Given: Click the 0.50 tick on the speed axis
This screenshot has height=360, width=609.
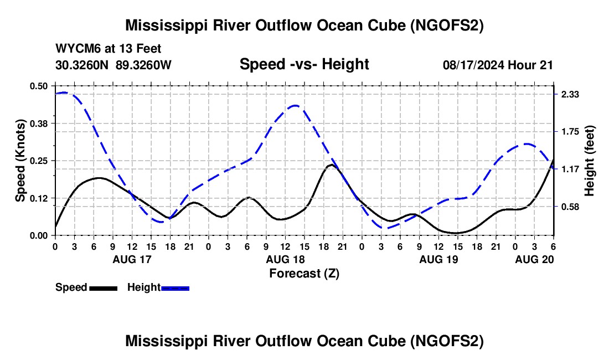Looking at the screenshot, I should pos(40,86).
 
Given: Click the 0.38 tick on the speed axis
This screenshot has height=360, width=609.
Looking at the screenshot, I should pos(40,123).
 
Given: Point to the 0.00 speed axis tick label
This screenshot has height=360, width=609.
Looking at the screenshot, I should pos(40,235).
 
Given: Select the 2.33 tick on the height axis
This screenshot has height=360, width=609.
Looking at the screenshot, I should pos(570,95).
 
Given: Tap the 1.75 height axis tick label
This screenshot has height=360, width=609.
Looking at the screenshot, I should pos(570,132).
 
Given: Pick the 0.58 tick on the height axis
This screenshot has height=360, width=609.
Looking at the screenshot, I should pos(570,207).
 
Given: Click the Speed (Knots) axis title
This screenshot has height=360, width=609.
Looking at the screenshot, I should pos(20,161).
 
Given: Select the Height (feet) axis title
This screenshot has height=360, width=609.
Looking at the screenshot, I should pos(590,161).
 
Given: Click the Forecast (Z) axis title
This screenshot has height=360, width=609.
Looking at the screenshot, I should pos(304,273).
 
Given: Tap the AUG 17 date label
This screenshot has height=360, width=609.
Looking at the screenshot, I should pos(132,259).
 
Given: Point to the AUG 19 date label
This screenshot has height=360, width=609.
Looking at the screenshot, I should pos(438,259).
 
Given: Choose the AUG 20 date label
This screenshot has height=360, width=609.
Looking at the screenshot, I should pos(534,259).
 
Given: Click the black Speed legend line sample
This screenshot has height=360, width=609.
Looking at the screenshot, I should pos(103,287).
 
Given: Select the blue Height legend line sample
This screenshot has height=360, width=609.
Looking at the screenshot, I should pos(175,287).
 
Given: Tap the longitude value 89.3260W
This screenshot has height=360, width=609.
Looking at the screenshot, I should pos(144,65).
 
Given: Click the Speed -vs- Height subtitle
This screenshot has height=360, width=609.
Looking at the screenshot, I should pos(304,64).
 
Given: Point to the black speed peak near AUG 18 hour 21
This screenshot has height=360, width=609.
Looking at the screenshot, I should pos(331,164).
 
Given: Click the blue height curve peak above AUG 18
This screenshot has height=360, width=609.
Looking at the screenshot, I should pos(295,105).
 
